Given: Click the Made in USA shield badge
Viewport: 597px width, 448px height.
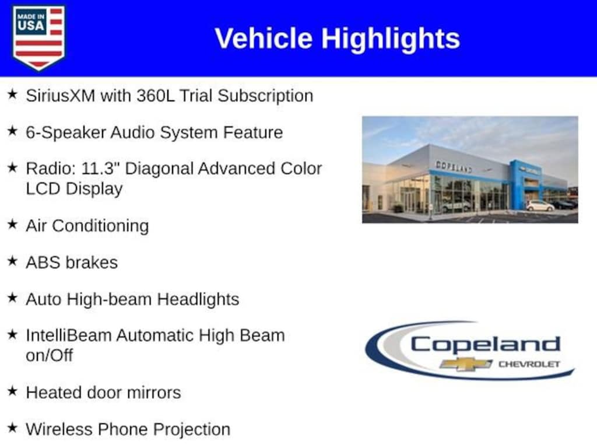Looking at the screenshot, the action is coord(38,37).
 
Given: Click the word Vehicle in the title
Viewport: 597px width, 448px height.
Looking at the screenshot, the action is coord(264,38).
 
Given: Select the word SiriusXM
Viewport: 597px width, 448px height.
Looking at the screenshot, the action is coord(61,96).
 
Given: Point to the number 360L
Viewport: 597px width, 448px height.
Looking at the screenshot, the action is coord(156,96).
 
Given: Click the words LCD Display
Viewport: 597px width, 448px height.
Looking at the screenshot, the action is coord(74,189).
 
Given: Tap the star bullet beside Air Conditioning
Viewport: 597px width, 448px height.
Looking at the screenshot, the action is coord(13,224).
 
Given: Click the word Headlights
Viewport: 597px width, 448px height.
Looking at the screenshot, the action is coord(198,299).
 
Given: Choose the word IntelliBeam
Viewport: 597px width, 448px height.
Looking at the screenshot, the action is coord(69,335).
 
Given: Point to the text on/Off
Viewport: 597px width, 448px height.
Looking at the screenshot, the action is coord(49,356).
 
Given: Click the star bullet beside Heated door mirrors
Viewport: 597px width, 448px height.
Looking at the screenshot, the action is coord(13,391).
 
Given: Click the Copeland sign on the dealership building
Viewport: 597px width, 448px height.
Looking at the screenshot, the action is coord(454,166).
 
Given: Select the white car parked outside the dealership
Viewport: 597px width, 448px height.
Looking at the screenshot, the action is coord(540,206).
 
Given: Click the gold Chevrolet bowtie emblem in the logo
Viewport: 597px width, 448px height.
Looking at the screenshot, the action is coord(466,364).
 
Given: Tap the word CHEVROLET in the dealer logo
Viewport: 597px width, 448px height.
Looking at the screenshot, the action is coord(529,365).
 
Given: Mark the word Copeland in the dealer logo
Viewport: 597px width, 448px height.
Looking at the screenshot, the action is coord(486,345).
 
